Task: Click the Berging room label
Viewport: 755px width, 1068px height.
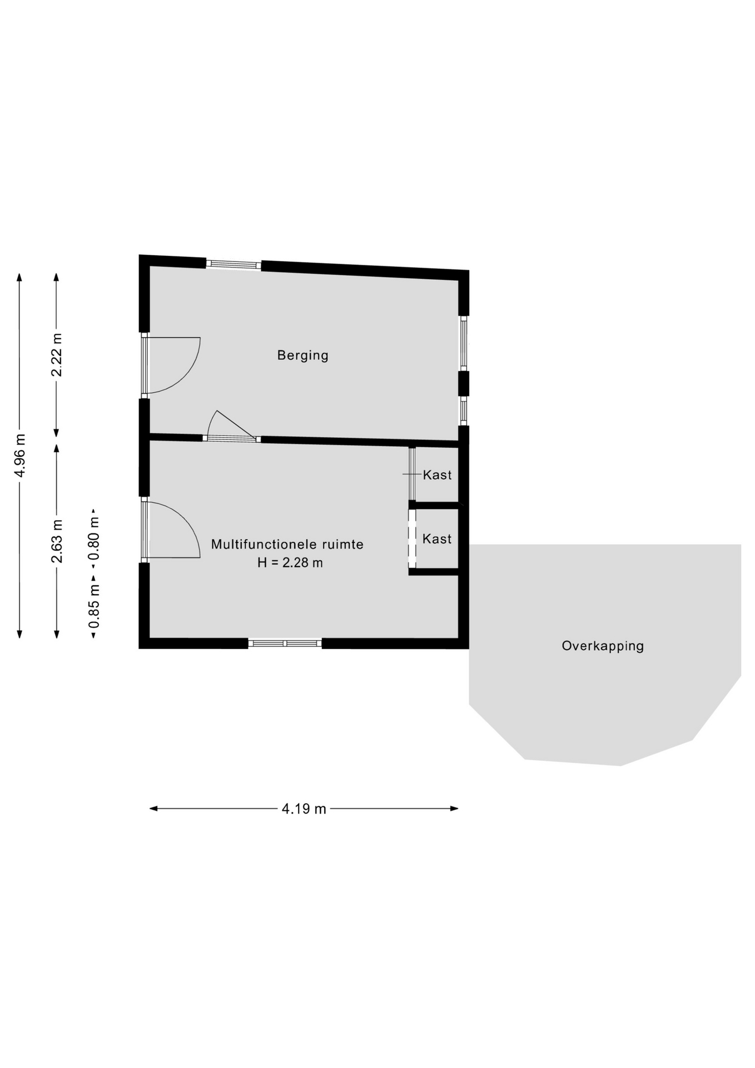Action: point(302,355)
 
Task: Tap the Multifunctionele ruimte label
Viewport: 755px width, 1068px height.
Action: point(287,544)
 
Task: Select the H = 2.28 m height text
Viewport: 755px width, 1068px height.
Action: point(290,562)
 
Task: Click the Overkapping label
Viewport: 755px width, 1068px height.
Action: point(603,646)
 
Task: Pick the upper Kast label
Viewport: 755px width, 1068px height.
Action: point(437,475)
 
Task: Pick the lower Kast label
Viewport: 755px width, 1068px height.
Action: point(437,538)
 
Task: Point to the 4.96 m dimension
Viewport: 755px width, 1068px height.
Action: point(20,455)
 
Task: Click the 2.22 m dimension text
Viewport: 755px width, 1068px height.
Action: point(57,355)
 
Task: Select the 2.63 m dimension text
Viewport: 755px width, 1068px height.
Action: point(57,541)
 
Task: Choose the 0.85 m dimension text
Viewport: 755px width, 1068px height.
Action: point(94,606)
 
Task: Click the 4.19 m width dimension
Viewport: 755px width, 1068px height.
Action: point(304,809)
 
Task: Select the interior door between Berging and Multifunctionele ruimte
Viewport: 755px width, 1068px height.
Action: point(231,426)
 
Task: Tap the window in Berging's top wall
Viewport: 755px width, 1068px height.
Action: point(234,264)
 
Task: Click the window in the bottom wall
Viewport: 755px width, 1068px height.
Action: point(285,644)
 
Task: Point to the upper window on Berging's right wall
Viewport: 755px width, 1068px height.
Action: point(464,343)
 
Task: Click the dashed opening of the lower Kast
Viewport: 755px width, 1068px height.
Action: point(412,538)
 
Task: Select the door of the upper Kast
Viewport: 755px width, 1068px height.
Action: point(412,474)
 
